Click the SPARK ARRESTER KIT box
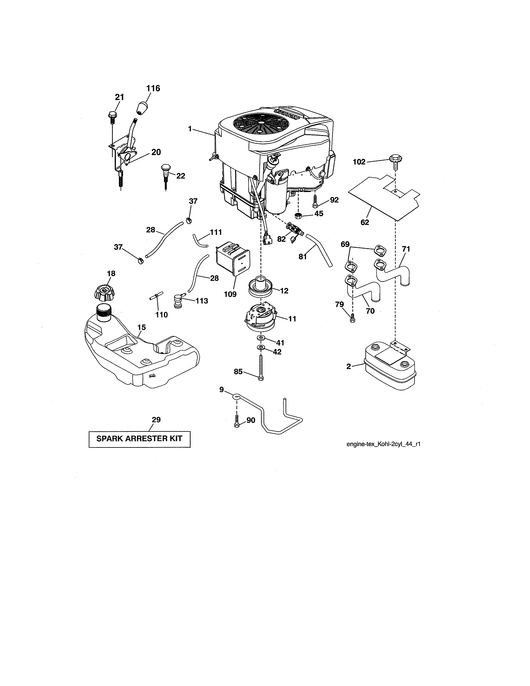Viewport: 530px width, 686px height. tap(139, 439)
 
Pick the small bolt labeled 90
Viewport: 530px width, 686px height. tap(237, 420)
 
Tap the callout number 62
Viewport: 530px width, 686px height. tap(365, 222)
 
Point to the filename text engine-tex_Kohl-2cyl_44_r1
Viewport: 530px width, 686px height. tap(383, 444)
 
